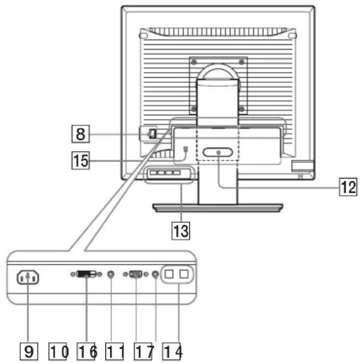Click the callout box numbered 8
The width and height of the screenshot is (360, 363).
click(x=80, y=134)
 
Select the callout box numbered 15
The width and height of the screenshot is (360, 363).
click(x=80, y=160)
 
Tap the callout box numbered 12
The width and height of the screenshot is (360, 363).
click(x=348, y=187)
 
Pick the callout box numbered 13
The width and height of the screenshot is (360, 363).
click(x=180, y=231)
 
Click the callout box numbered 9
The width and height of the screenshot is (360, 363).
click(x=29, y=352)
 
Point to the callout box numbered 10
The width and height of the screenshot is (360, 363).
click(x=58, y=352)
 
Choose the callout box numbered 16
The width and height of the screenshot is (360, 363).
click(x=86, y=352)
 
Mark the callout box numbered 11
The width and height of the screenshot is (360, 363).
click(x=114, y=352)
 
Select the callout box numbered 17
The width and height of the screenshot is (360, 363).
click(x=143, y=352)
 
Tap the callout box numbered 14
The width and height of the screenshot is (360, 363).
click(x=172, y=352)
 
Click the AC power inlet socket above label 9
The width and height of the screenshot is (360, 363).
click(x=28, y=277)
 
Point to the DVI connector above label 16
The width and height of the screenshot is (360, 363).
click(x=86, y=274)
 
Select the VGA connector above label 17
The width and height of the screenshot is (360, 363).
click(x=135, y=274)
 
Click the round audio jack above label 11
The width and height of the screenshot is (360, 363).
click(x=111, y=274)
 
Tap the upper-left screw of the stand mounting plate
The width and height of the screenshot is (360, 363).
click(x=194, y=62)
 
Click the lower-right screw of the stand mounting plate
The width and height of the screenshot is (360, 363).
click(x=242, y=108)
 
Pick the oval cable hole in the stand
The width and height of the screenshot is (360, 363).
click(x=217, y=152)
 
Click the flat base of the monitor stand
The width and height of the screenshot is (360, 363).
click(x=217, y=208)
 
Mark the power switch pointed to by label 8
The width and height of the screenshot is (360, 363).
click(x=153, y=134)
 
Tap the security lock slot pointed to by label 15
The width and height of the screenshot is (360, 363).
click(x=186, y=149)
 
